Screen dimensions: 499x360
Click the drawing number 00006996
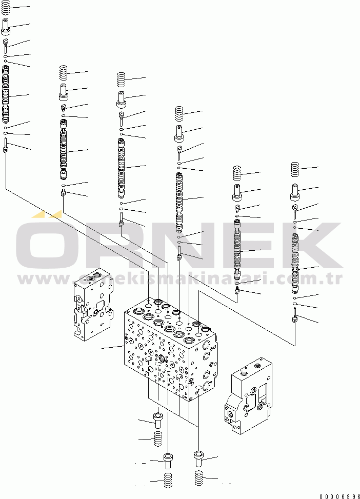339,495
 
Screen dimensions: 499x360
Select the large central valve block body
169,354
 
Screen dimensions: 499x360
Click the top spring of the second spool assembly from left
64,73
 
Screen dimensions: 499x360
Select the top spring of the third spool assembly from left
122,79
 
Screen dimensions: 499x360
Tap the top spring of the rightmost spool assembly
295,169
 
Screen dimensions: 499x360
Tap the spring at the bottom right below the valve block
199,479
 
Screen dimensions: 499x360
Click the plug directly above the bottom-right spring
199,457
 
